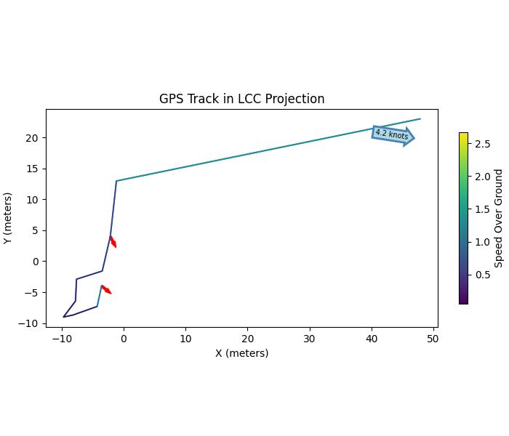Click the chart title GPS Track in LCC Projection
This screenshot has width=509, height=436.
(x=241, y=99)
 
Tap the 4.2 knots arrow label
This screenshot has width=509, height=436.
(x=393, y=134)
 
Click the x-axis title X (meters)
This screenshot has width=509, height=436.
(x=241, y=353)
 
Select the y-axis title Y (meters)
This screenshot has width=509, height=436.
(x=8, y=218)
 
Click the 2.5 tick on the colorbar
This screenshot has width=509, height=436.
(x=481, y=145)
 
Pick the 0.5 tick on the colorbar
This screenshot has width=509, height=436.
(x=481, y=275)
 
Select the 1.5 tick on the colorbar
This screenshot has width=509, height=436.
(x=481, y=209)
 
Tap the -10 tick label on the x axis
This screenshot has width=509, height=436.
(x=62, y=338)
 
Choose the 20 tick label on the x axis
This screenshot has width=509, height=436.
(x=248, y=338)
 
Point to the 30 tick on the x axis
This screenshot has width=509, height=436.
(x=310, y=338)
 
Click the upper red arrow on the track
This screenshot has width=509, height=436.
(x=113, y=241)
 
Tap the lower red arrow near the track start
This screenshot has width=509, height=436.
(x=106, y=289)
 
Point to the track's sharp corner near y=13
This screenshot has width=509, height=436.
(x=116, y=181)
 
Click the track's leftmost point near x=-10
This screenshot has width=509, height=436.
(x=64, y=317)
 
